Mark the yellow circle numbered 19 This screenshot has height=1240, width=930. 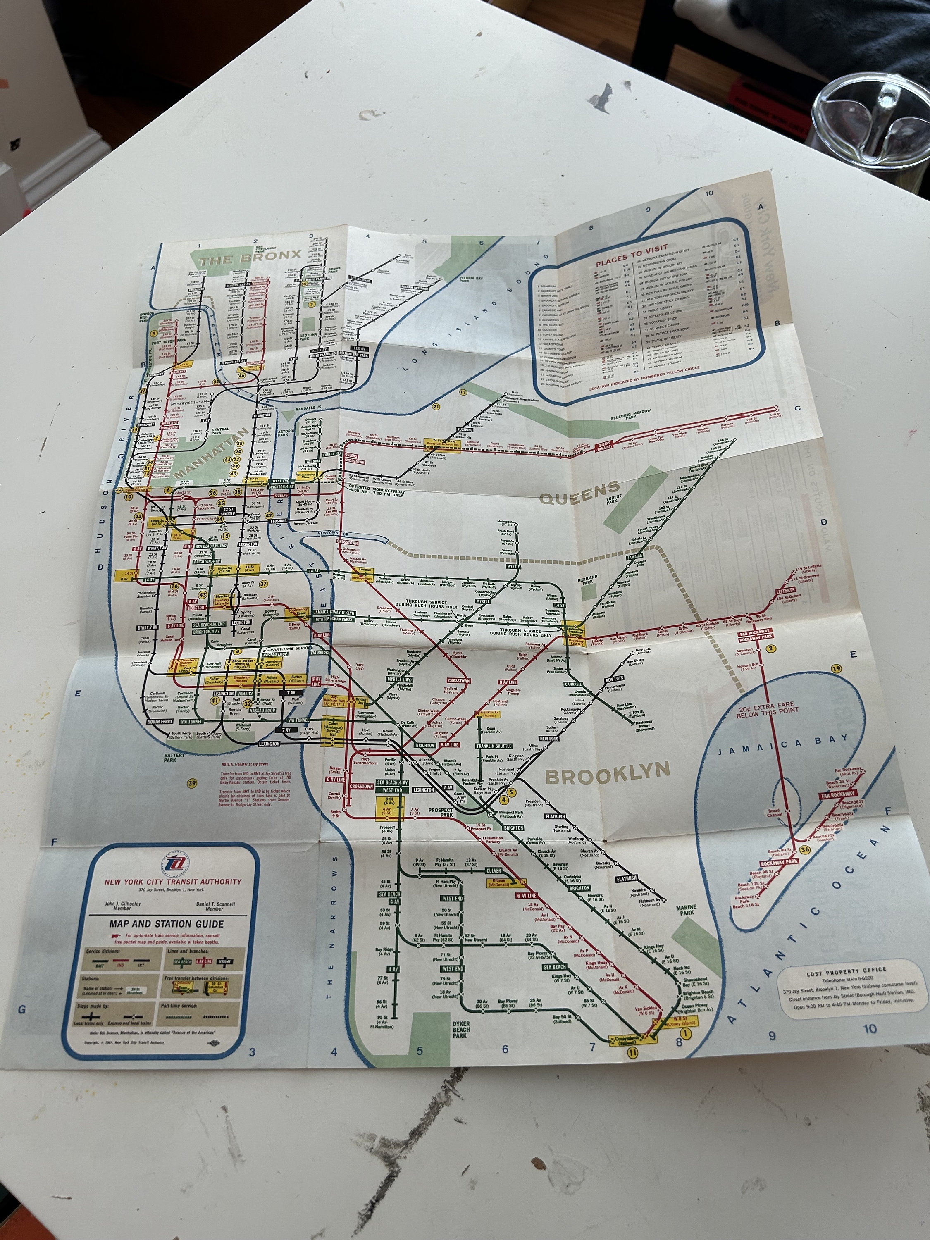point(837,668)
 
